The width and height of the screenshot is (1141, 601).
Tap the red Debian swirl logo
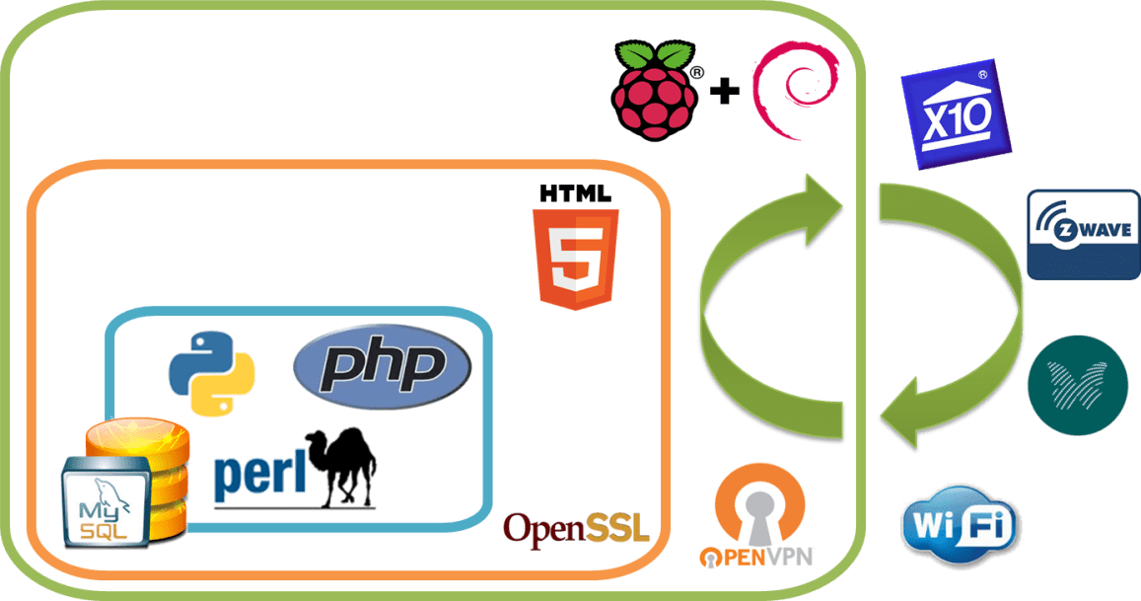point(793,85)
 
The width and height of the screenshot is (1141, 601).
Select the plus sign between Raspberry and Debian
point(725,93)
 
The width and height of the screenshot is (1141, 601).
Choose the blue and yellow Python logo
point(212,371)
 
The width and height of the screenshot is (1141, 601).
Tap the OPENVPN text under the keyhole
point(755,556)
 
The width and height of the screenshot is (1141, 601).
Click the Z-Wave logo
point(1083,234)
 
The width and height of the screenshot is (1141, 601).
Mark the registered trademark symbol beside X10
point(982,73)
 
